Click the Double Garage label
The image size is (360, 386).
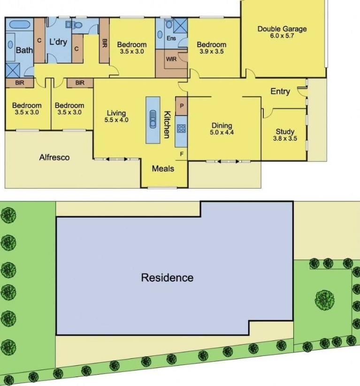pos(282,29)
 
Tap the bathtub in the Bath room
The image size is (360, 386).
pos(20,25)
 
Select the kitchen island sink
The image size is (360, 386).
pos(153,119)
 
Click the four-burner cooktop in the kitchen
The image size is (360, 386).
pos(181,129)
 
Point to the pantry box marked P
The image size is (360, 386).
pos(182,106)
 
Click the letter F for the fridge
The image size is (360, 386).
pos(182,154)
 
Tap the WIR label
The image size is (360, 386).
pos(171,59)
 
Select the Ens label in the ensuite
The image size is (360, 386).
pos(171,38)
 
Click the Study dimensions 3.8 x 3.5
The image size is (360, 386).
pos(285,139)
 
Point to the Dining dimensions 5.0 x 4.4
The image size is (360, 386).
pos(222,132)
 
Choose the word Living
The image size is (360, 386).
pos(116,113)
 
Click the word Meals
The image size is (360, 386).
pos(163,169)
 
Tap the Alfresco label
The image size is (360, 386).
pos(54,157)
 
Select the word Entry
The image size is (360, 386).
pos(280,92)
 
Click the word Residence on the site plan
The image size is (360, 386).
pos(168,278)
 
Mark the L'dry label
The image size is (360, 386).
pos(58,42)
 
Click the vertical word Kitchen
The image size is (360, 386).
pos(167,125)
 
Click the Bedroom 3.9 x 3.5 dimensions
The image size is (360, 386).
pos(212,52)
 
